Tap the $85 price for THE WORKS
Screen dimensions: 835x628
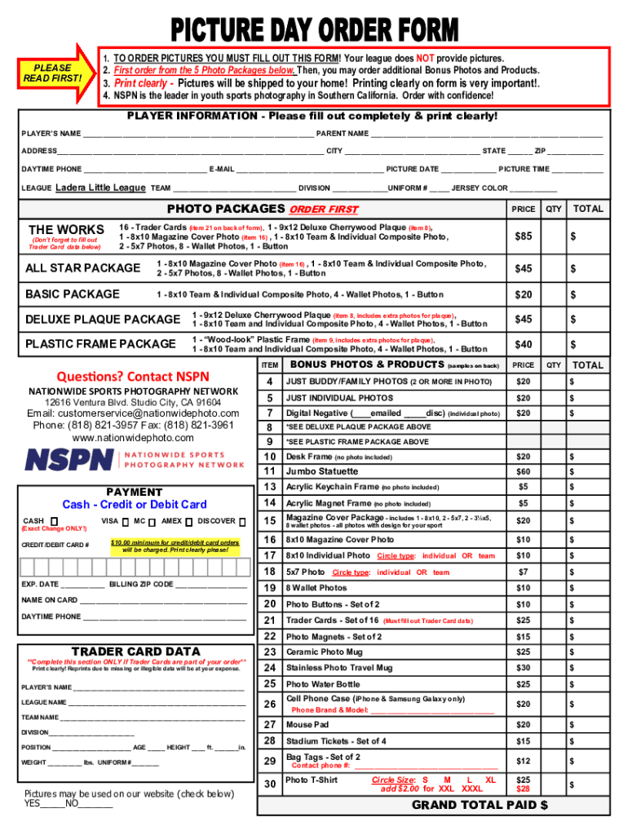523,236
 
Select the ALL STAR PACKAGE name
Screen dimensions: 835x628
82,268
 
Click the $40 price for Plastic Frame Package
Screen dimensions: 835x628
523,344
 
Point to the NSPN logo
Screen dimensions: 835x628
135,458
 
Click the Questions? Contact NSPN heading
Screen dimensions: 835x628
132,376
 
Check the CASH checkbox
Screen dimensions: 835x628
54,521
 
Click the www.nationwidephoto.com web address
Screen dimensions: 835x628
132,438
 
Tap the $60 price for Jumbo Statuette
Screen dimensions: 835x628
523,471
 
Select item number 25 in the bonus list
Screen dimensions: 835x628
269,684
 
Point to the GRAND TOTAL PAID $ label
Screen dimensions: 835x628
480,805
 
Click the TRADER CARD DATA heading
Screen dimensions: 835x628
135,651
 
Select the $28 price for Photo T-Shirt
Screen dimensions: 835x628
523,789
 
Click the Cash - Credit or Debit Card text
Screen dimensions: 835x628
135,505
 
